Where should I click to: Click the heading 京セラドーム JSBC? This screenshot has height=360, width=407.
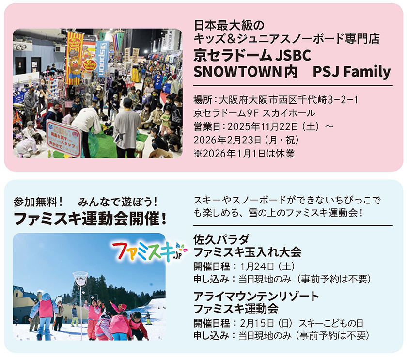tap(252, 56)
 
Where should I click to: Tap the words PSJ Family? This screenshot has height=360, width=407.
tap(352, 72)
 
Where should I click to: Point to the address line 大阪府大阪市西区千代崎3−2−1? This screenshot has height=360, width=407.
tap(288, 100)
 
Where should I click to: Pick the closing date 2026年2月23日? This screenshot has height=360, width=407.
tap(227, 140)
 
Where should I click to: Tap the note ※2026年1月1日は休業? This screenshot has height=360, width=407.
tap(244, 154)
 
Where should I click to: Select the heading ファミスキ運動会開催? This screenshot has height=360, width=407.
tap(90, 219)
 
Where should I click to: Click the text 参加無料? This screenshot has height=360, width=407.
tap(38, 202)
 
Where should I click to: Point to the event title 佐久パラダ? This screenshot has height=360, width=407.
tap(221, 239)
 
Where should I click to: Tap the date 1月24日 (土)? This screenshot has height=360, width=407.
tap(267, 266)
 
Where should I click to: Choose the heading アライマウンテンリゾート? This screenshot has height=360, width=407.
tap(256, 296)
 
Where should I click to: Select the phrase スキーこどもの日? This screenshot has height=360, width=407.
tap(331, 323)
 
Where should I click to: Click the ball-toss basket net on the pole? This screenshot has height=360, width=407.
tap(80, 279)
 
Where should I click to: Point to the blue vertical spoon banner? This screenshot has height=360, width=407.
tap(102, 59)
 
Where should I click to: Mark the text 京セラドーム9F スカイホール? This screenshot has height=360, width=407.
tap(254, 113)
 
